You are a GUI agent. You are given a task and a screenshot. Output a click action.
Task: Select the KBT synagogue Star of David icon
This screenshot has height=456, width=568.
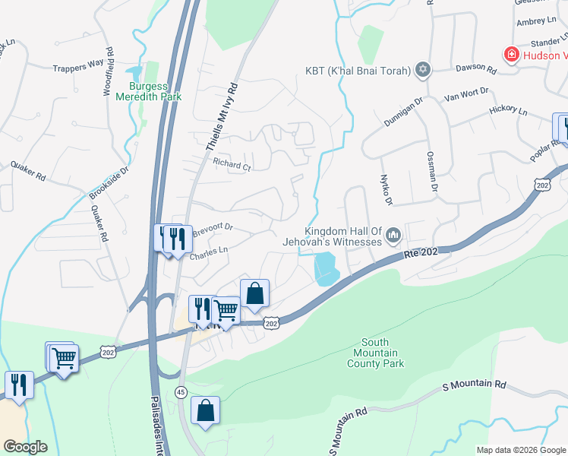(x=424, y=71)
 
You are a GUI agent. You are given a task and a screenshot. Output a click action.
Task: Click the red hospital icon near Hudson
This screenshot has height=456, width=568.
(x=512, y=55)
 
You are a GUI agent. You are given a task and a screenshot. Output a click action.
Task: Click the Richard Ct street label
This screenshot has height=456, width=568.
(x=232, y=165)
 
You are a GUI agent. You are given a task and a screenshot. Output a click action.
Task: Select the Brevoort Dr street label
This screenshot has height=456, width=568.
(x=212, y=227)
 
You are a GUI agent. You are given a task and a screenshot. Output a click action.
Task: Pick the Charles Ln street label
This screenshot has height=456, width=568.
(x=208, y=252)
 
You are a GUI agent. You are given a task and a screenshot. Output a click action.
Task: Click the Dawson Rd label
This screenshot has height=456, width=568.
(x=476, y=69)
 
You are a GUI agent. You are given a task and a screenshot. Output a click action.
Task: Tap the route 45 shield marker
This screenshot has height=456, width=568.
(x=180, y=391)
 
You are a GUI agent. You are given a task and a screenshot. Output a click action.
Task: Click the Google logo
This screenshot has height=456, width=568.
(x=25, y=447)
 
